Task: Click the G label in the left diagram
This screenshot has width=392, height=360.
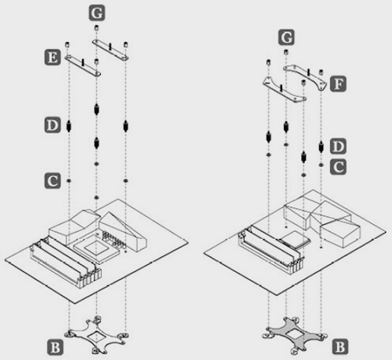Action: click(97, 13)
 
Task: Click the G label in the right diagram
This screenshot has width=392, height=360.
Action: click(287, 37)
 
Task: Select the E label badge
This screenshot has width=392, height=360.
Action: click(52, 58)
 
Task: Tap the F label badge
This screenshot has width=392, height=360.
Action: click(338, 84)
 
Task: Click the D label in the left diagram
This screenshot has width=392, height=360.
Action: click(52, 126)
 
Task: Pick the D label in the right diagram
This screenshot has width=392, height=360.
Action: click(338, 146)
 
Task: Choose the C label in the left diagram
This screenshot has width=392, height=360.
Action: click(52, 180)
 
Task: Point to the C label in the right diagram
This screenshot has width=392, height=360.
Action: click(338, 167)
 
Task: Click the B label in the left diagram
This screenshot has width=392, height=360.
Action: click(55, 347)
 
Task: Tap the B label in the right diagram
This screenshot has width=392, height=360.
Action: click(340, 346)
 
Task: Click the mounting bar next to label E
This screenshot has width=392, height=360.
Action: click(83, 65)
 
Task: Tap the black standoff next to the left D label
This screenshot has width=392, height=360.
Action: click(69, 126)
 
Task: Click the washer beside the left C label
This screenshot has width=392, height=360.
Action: click(69, 180)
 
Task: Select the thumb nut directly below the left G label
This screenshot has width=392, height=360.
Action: click(97, 28)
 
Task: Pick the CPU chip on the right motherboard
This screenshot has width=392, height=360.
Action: click(294, 239)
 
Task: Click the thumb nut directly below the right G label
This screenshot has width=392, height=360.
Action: click(286, 52)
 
